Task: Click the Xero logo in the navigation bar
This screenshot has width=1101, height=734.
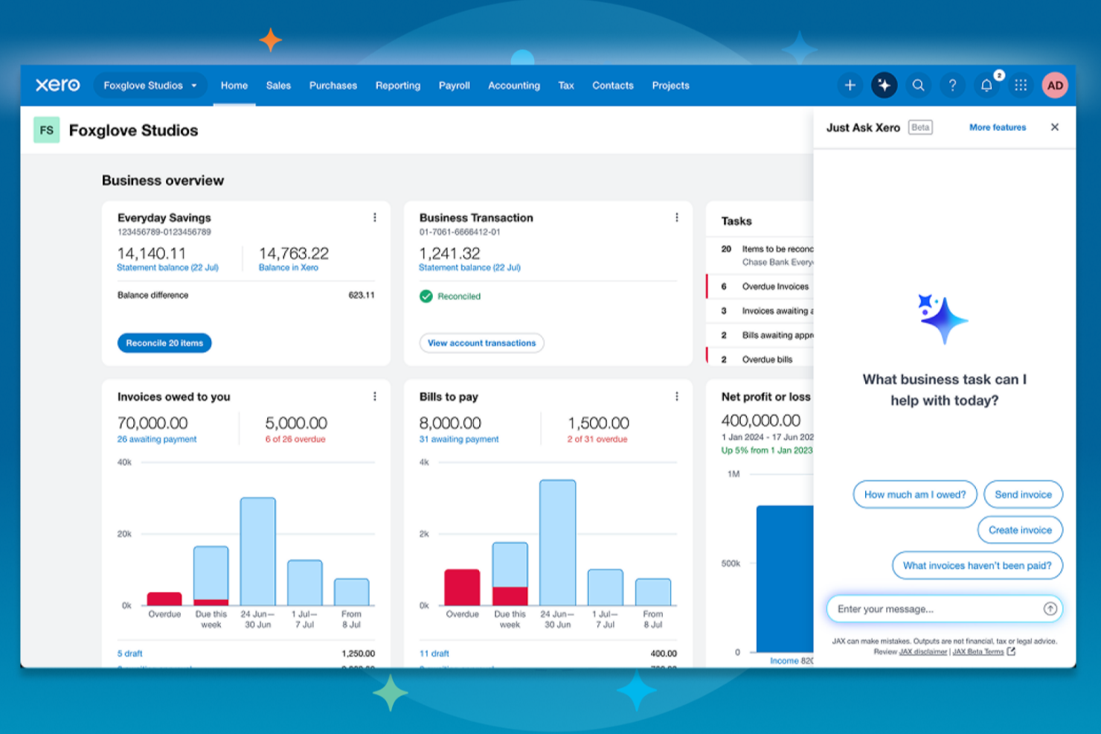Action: click(57, 85)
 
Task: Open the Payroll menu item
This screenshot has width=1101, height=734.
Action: click(454, 86)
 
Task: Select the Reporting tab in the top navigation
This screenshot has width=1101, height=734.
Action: click(397, 86)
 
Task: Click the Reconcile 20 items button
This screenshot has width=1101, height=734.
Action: click(164, 343)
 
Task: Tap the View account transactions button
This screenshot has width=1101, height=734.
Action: click(481, 343)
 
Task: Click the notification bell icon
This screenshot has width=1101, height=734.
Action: click(986, 86)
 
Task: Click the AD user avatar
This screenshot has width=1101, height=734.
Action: click(1054, 86)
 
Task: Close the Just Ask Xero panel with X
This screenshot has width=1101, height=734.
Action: click(1054, 127)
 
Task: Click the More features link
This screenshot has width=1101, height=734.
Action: click(997, 127)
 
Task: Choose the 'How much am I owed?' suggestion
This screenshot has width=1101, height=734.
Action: click(914, 494)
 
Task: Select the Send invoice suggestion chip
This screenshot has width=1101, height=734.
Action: click(1023, 494)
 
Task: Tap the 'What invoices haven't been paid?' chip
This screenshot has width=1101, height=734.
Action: click(977, 566)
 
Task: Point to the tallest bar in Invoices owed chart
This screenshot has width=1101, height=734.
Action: click(257, 551)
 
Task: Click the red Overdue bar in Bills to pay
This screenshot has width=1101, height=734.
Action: click(462, 587)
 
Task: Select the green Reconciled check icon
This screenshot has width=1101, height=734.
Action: click(426, 296)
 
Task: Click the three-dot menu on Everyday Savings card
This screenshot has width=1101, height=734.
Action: click(374, 217)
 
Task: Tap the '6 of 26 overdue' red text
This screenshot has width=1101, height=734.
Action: click(295, 439)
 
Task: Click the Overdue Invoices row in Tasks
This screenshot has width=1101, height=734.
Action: click(774, 287)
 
